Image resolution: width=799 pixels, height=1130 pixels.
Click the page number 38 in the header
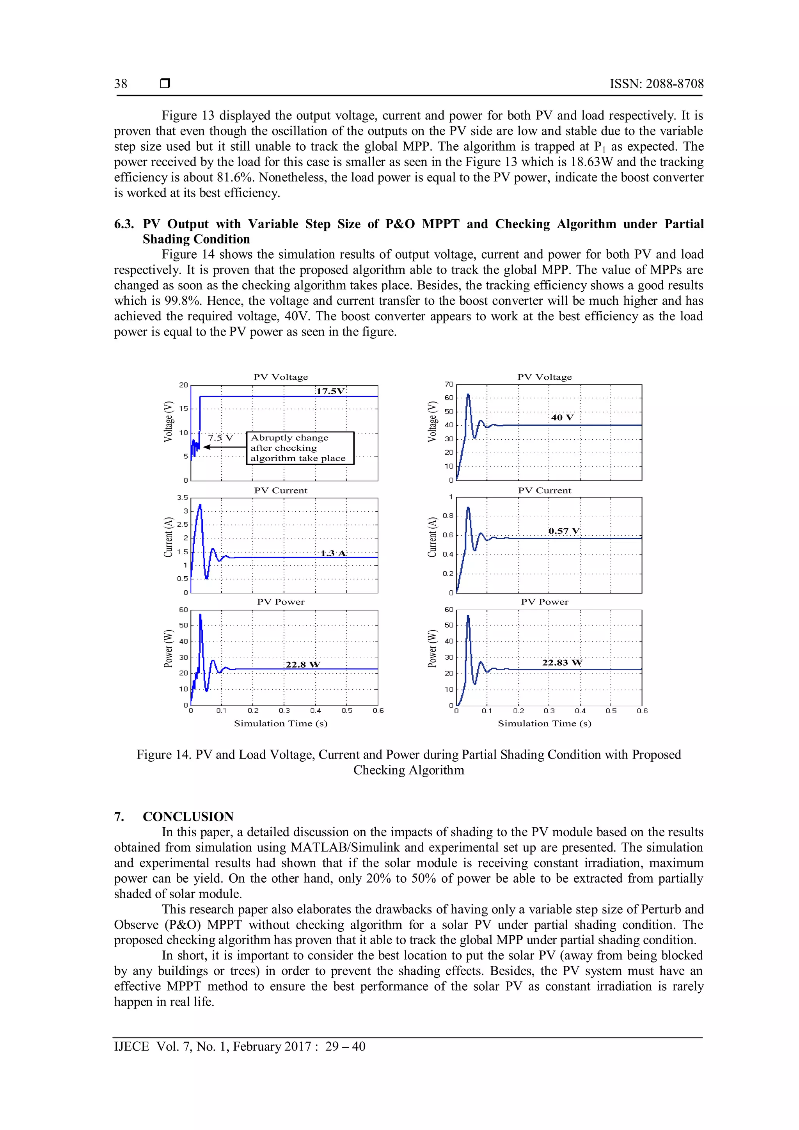point(121,84)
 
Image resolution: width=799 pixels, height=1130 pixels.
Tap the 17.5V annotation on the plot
point(330,391)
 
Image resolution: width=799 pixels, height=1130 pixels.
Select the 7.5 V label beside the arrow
point(220,437)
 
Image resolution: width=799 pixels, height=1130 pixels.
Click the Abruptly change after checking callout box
point(300,448)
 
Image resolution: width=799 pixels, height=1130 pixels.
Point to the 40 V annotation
point(562,418)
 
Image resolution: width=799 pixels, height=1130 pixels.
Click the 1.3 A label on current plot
point(333,553)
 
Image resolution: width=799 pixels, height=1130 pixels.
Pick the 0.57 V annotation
point(564,531)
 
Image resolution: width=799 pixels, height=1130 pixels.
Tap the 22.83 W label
point(562,663)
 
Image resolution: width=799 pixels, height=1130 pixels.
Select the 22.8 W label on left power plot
point(303,664)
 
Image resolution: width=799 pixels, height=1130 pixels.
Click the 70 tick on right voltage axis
point(449,384)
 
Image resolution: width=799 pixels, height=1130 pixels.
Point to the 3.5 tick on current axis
point(183,497)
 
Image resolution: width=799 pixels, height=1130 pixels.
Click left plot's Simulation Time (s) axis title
point(281,723)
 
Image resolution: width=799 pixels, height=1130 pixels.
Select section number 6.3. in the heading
point(124,224)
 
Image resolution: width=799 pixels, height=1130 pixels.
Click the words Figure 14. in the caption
point(164,755)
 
